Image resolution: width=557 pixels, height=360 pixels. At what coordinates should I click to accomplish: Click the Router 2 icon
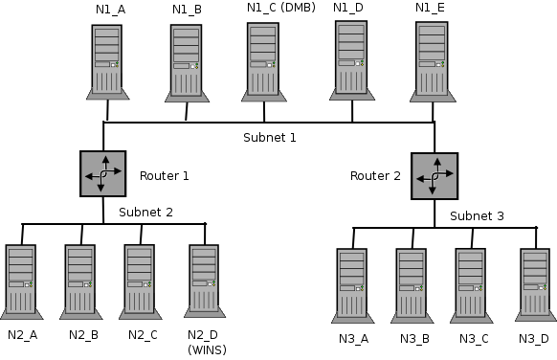434,176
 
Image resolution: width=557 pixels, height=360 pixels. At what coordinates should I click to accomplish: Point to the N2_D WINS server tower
204,281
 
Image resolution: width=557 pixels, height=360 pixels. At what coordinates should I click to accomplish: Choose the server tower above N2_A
21,281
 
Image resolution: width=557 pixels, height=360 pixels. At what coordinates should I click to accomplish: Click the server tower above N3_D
535,283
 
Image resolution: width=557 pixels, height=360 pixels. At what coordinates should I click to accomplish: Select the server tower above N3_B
412,283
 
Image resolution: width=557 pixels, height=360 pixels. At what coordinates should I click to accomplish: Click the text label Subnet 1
269,138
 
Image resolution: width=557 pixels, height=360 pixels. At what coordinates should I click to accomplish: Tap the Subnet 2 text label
145,212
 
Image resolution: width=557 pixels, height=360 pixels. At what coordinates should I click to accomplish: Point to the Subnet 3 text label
477,215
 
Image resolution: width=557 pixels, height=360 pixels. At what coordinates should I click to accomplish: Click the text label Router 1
165,176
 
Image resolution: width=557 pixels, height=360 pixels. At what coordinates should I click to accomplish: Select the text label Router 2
375,176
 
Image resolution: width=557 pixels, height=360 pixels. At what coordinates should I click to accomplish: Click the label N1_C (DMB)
280,9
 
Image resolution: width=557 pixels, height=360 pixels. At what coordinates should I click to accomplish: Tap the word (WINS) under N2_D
207,349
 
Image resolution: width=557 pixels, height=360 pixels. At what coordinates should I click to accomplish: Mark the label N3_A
353,338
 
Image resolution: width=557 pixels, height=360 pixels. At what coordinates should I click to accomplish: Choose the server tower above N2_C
140,281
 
